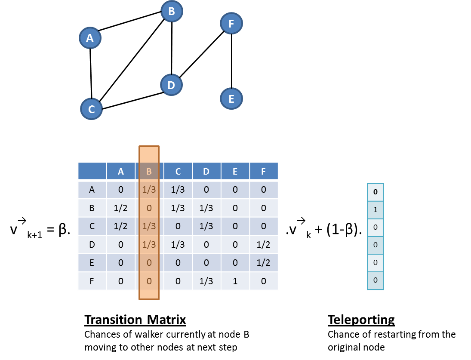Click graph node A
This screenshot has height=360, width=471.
point(89,38)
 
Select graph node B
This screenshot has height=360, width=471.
point(172,12)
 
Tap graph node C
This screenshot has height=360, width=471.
point(92,109)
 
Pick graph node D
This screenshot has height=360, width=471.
point(171,85)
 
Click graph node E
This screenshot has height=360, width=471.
point(231,99)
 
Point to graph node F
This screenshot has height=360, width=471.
point(231,24)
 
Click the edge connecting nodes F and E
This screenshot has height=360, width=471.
point(232,61)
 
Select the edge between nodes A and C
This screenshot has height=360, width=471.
point(91,73)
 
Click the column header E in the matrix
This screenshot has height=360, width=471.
point(235,171)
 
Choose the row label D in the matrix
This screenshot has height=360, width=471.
point(92,244)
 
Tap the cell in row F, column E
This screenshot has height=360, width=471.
point(235,281)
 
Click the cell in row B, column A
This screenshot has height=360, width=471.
point(121,208)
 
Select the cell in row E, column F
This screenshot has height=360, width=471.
point(264,262)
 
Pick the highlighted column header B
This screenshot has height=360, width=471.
point(149,171)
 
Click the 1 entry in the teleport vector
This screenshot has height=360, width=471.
point(375,210)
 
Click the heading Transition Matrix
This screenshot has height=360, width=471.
point(135,320)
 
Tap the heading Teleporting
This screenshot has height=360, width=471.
point(361,320)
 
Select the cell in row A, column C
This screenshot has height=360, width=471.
point(178,190)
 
